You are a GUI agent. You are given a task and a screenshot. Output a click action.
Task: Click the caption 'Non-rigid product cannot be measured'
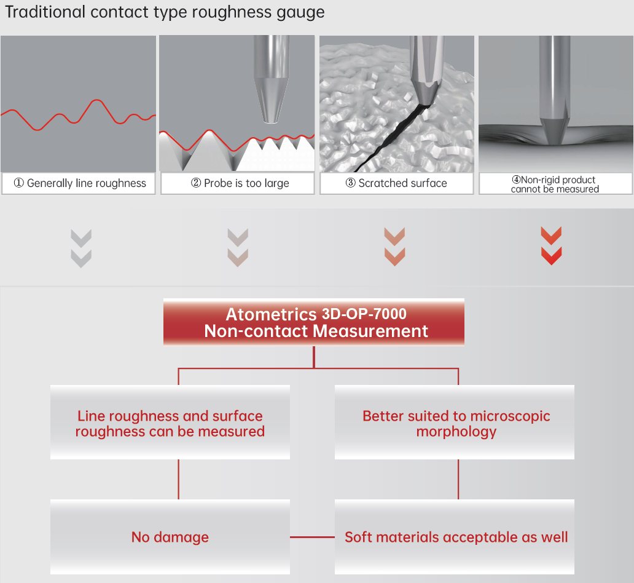click(555, 184)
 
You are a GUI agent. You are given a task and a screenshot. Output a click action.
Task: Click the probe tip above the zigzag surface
click(270, 120)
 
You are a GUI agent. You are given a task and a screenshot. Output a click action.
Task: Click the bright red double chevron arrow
click(551, 246)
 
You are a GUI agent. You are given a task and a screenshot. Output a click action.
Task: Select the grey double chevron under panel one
click(81, 248)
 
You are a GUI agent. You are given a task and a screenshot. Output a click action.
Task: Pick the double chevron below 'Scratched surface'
click(394, 247)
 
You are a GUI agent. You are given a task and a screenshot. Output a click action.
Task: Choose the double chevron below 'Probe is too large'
click(238, 247)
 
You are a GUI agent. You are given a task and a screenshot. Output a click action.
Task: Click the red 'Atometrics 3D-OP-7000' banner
click(314, 322)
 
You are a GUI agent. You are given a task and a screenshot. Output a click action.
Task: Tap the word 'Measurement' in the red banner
click(370, 331)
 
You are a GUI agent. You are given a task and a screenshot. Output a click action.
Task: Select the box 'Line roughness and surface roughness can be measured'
click(170, 422)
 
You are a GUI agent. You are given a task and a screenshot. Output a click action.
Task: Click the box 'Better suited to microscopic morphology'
click(455, 422)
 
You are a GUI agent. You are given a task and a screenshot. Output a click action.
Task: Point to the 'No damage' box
click(170, 537)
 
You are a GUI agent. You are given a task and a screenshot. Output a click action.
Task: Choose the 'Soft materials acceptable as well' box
click(455, 537)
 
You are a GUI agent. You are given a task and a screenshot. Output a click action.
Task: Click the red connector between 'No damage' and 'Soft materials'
click(312, 537)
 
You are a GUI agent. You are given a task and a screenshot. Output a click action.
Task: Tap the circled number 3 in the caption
click(350, 183)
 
